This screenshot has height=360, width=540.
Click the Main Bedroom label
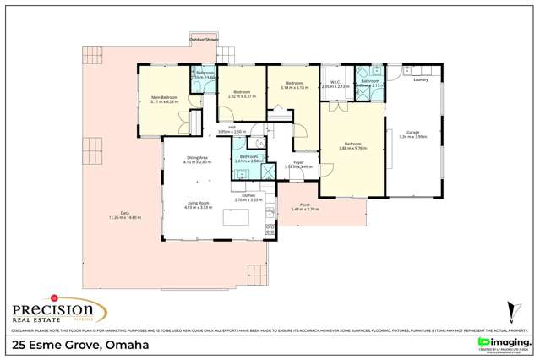point(164,99)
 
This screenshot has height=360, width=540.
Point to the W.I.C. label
point(335,83)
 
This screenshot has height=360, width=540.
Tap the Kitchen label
point(248,195)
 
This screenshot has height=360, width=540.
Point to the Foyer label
point(298,162)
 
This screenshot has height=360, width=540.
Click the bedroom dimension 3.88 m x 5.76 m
point(352,148)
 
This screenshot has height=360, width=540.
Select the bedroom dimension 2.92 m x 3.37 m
point(242,95)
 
